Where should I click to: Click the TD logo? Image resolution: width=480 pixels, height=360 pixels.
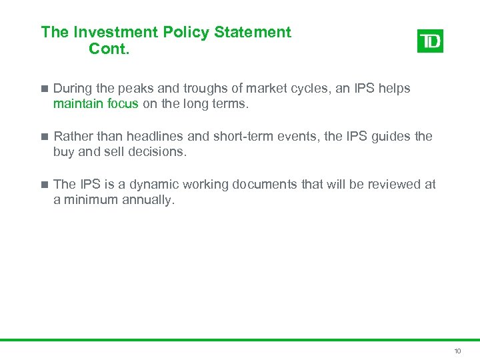(x=430, y=41)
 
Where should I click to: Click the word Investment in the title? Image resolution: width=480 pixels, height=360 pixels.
(x=107, y=32)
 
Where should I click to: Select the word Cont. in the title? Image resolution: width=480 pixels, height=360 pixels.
(x=108, y=49)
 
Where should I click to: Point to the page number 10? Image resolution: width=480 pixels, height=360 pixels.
(x=457, y=351)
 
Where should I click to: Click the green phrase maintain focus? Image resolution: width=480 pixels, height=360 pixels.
(x=96, y=103)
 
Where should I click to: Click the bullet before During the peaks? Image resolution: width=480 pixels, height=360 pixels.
(x=44, y=89)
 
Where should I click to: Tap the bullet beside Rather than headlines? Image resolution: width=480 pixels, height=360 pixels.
(x=44, y=137)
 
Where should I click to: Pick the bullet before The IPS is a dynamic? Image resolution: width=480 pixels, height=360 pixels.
(x=44, y=185)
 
